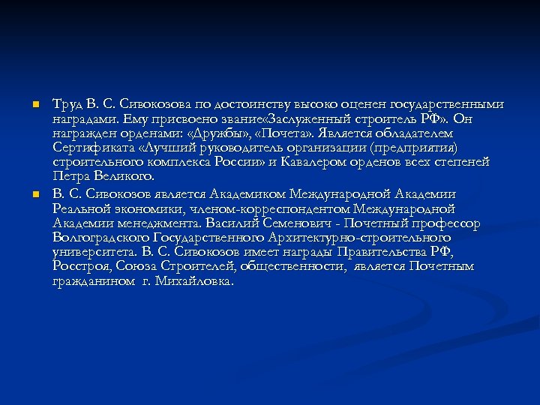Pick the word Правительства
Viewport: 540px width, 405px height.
click(385, 252)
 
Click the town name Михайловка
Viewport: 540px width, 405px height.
click(198, 282)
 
